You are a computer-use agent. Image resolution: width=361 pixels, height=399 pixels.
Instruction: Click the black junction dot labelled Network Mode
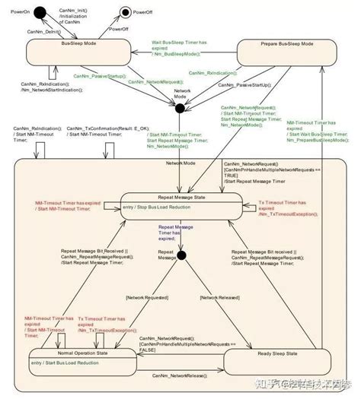[x=180, y=109]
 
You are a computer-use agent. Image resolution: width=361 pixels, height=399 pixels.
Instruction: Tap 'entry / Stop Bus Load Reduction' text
[x=178, y=206]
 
